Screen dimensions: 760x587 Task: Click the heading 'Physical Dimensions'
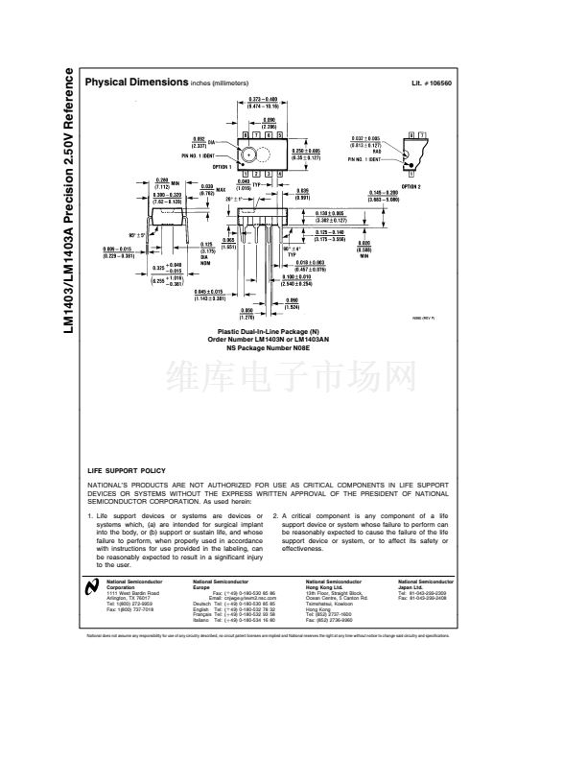point(136,83)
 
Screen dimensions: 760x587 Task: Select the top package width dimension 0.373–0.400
point(263,103)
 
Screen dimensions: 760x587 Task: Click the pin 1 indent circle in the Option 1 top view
point(249,154)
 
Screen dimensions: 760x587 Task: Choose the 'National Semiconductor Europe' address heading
point(221,584)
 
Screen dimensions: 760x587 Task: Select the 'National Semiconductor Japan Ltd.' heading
point(426,584)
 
